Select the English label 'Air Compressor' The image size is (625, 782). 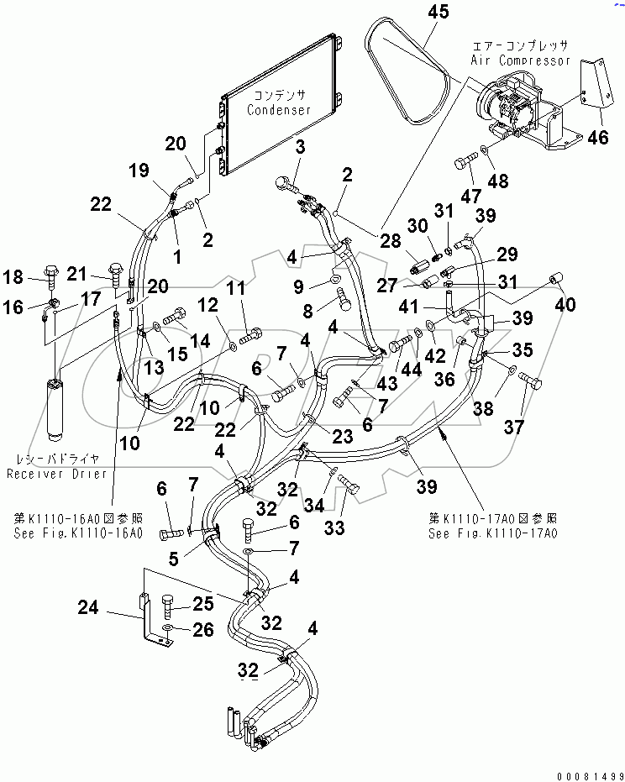coord(519,60)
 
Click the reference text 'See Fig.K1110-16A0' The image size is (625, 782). coord(77,533)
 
